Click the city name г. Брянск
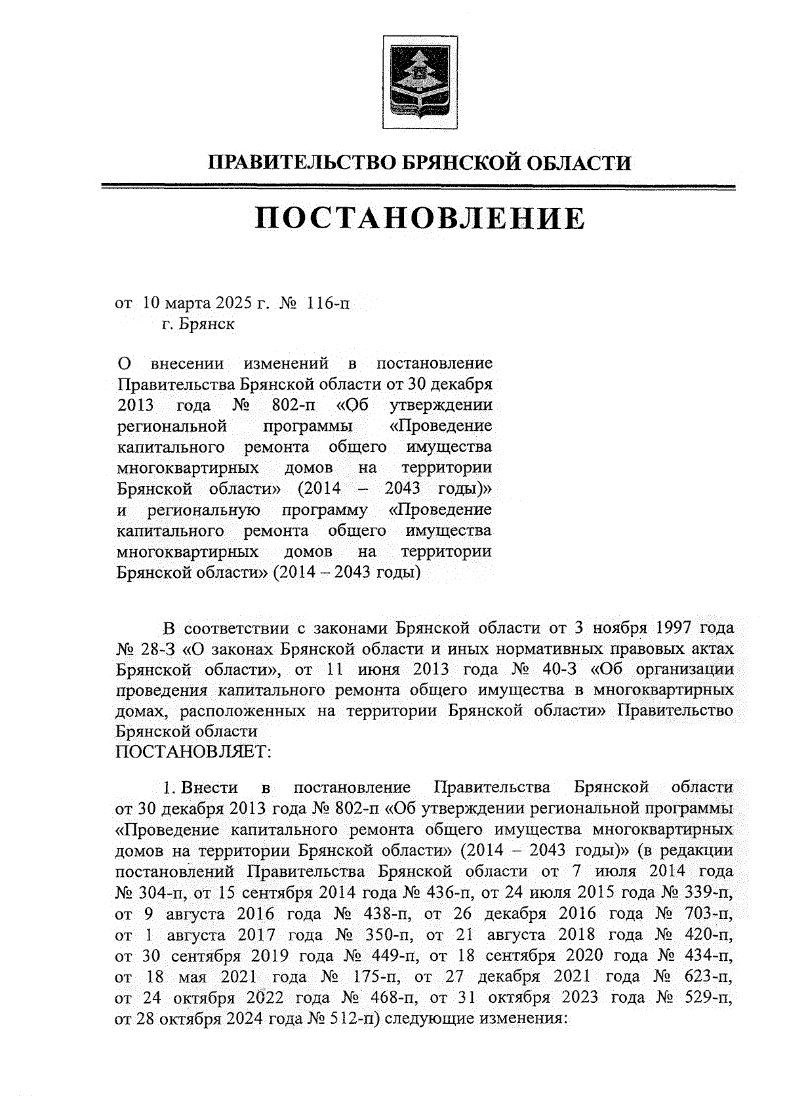click(x=199, y=324)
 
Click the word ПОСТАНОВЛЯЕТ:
click(x=193, y=752)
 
